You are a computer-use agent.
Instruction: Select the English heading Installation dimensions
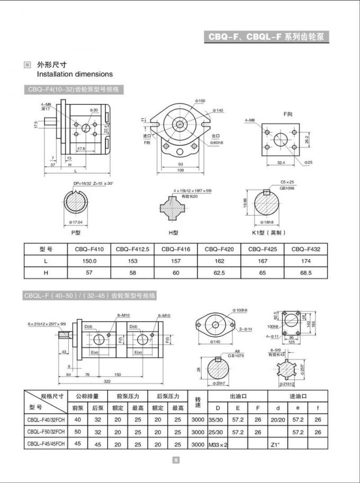(x=75, y=75)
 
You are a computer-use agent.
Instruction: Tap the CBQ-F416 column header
(x=176, y=249)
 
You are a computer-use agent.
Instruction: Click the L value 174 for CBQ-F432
(x=306, y=261)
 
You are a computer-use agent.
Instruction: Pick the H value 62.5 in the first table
(x=219, y=273)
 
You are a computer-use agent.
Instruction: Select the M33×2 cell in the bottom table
(x=218, y=445)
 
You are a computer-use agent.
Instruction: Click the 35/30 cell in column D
(x=216, y=420)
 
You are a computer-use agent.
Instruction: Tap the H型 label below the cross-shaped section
(x=174, y=232)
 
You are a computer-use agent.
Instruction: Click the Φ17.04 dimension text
(x=76, y=222)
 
